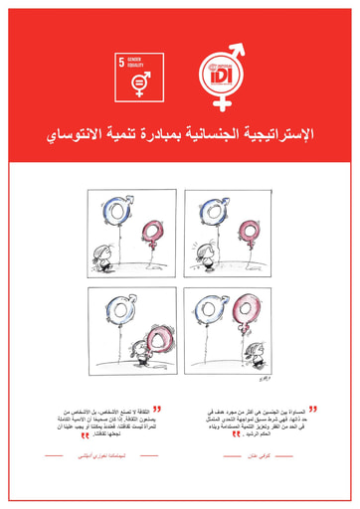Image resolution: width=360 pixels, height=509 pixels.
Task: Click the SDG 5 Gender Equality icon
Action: pyautogui.click(x=137, y=77)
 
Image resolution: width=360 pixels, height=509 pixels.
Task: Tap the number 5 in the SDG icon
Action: pyautogui.click(x=123, y=63)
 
